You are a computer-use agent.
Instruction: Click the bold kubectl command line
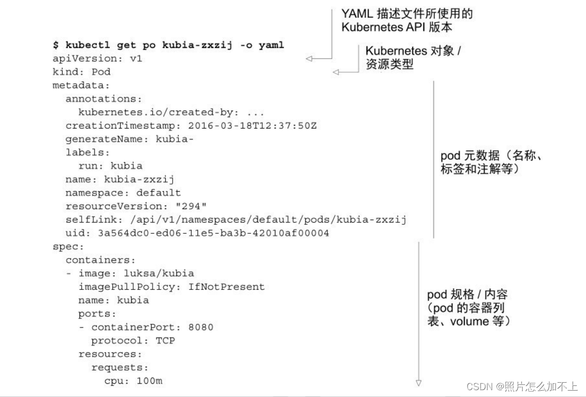coord(168,45)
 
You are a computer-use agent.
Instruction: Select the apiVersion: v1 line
coord(97,58)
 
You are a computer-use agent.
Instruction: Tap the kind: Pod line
coord(82,72)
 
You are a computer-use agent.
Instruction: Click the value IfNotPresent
coord(226,286)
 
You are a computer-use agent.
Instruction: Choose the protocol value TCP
coord(165,340)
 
